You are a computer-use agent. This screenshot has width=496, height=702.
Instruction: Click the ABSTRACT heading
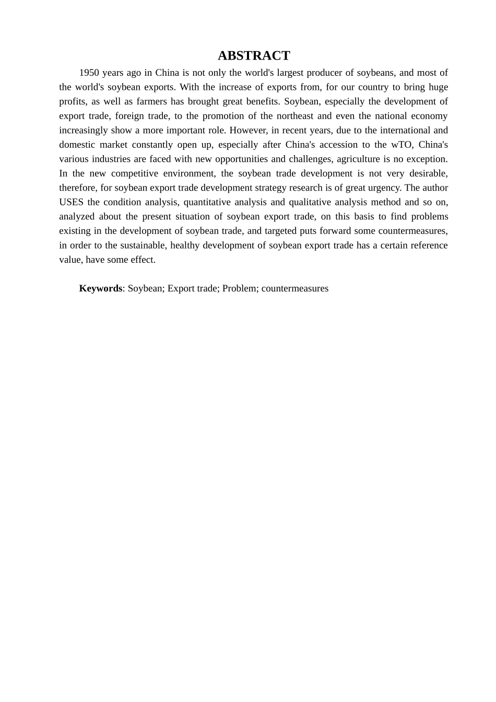[x=254, y=56]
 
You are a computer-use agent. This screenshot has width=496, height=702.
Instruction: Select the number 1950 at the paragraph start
[x=89, y=73]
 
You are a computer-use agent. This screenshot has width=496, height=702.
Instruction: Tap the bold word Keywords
[x=100, y=288]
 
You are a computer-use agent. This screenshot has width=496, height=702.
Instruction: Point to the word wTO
[x=401, y=145]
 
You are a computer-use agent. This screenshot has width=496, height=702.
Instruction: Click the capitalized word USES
[x=71, y=202]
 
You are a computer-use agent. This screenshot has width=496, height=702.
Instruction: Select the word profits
[x=72, y=101]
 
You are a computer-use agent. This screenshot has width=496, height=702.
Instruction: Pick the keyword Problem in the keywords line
[x=239, y=288]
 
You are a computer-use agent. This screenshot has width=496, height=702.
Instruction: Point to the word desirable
[x=428, y=173]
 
